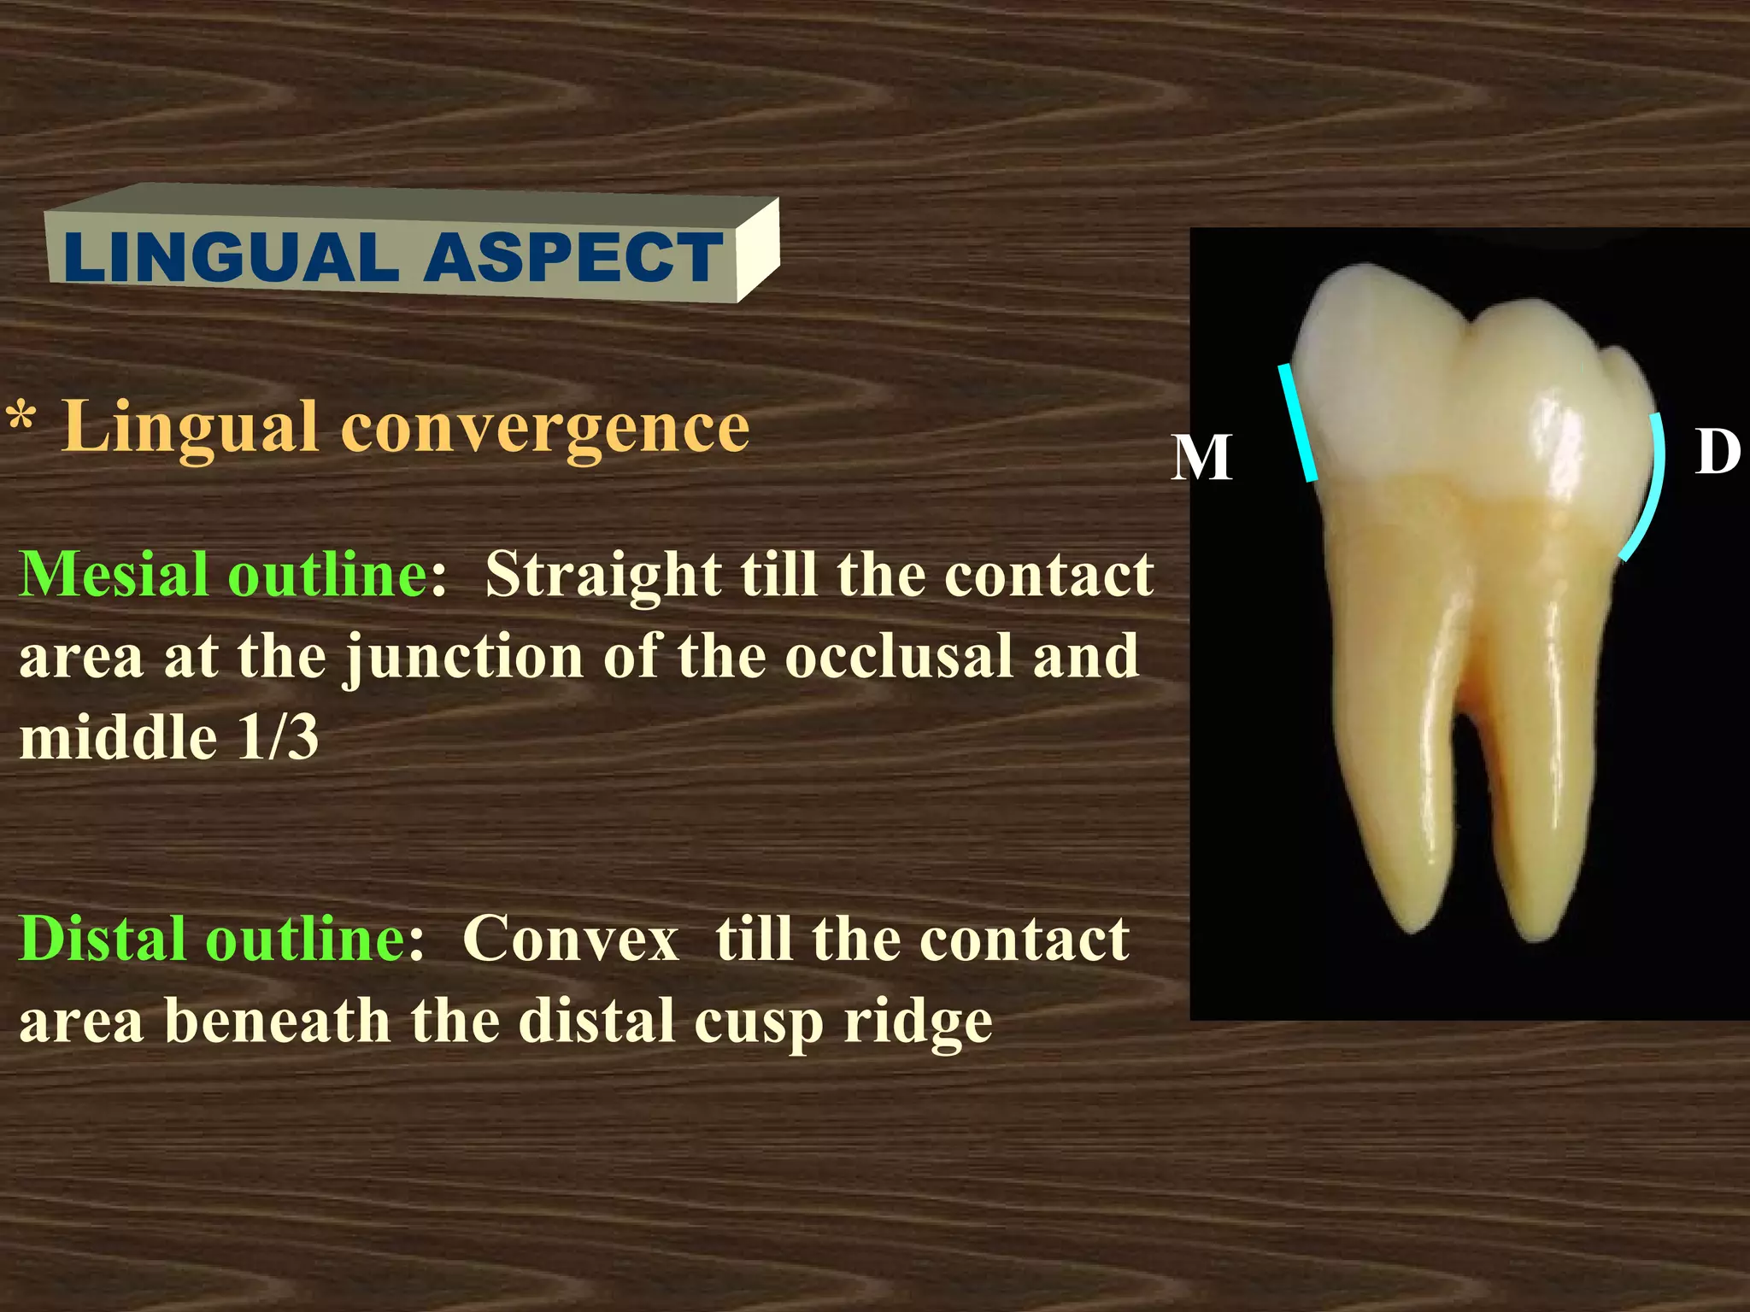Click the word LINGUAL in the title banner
click(231, 257)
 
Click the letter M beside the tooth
click(1201, 458)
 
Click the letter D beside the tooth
click(1717, 451)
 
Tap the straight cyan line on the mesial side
click(1297, 423)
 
